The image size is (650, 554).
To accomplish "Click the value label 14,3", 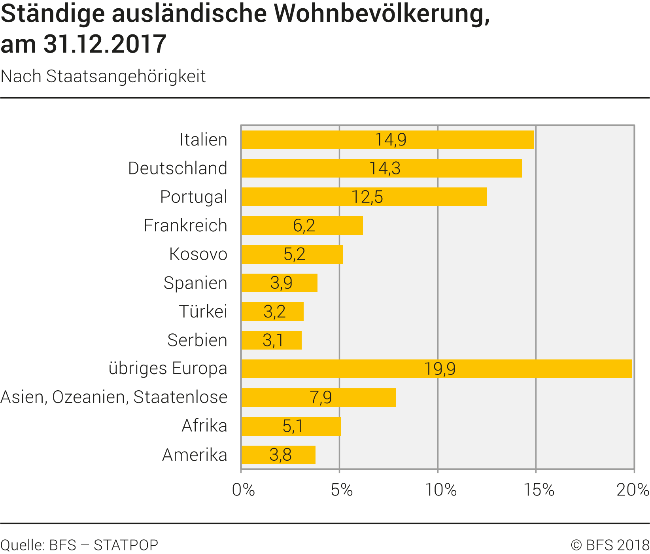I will (385, 168).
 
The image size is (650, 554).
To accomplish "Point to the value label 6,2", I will (304, 225).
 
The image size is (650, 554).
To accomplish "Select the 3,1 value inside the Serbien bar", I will (273, 340).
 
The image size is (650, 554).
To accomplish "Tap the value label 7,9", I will (321, 397).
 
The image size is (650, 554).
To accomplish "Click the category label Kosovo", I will (198, 254).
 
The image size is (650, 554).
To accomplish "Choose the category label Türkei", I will (203, 311).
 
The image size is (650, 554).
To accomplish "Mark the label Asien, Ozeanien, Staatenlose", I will (114, 397).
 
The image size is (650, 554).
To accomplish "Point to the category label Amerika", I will (195, 455).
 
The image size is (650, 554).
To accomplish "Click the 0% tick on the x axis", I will (243, 490).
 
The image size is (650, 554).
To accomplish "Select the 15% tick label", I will (539, 490).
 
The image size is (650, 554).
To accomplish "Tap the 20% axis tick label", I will (633, 490).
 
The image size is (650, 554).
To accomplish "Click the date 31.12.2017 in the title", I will (105, 44).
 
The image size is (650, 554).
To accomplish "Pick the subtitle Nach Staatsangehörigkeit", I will (103, 76).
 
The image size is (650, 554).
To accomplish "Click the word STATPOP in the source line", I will (126, 545).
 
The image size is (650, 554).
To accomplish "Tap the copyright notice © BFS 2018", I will (610, 545).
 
